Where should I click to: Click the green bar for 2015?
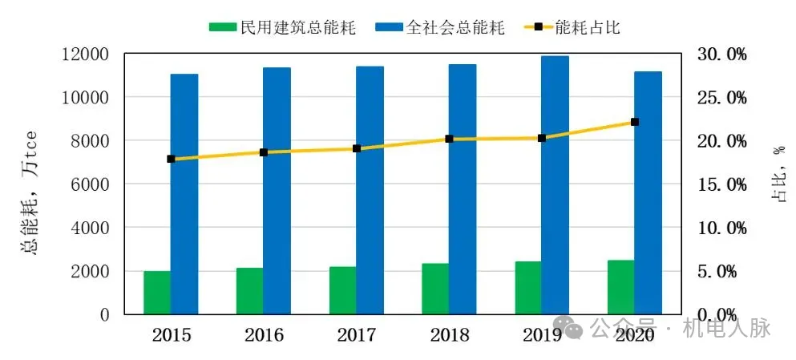(x=157, y=293)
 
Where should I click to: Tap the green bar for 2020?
(x=620, y=287)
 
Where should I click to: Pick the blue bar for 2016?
(x=277, y=191)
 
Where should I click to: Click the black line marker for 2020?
(x=635, y=122)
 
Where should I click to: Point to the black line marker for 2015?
(x=171, y=159)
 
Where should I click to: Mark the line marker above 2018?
(x=449, y=139)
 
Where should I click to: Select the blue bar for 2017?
(x=370, y=190)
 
